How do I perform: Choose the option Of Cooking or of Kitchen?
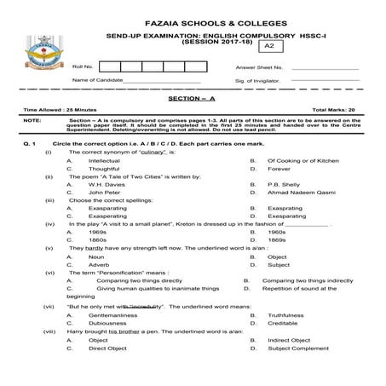click(300, 160)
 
